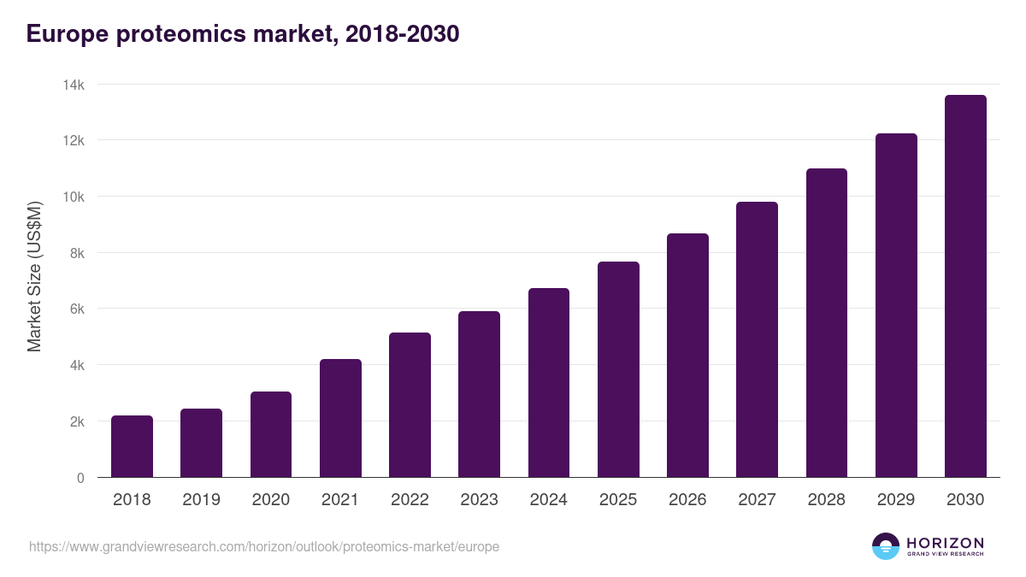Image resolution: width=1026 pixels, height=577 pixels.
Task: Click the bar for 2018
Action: pos(132,446)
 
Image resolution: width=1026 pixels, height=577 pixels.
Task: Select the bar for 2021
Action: pos(340,418)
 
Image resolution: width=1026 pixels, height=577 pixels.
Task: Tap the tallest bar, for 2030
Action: pos(965,286)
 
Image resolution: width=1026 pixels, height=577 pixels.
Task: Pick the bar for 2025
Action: pos(618,369)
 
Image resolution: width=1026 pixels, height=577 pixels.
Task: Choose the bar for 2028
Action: pos(827,323)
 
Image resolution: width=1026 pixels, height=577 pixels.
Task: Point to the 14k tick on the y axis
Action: pos(74,85)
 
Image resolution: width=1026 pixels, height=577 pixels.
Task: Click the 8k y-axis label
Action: pos(76,253)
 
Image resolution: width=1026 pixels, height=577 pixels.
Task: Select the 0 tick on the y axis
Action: pos(80,478)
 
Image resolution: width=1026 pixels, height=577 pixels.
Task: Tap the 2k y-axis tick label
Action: pos(76,421)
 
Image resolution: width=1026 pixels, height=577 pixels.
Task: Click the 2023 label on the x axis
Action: pos(479,500)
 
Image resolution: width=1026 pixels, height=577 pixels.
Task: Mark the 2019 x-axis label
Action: pos(201,500)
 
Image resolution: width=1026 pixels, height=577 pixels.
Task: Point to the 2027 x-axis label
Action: pos(757,500)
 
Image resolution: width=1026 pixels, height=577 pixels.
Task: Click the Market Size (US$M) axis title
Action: pos(34,277)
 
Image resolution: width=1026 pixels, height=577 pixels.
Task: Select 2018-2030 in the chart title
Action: pos(403,34)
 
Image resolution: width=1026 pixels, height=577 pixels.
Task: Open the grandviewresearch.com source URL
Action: pos(264,546)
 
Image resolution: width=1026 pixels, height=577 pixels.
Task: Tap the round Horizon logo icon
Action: pos(886,546)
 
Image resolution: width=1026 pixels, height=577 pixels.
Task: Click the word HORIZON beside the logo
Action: pos(945,543)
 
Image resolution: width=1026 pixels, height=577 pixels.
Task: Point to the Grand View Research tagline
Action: pos(945,554)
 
